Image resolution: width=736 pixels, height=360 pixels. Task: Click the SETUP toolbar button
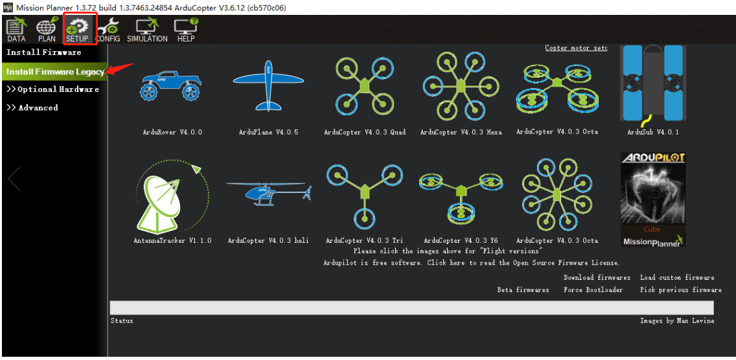pos(77,30)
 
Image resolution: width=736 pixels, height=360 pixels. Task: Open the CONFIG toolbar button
pos(108,30)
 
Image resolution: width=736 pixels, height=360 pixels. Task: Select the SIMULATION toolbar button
pos(147,30)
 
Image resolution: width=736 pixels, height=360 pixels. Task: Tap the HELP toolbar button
pos(186,30)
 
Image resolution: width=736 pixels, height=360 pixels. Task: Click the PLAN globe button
pos(47,30)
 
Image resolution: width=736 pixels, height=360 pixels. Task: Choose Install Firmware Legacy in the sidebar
pos(55,72)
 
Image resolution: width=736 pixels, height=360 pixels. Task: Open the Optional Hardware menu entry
pos(52,89)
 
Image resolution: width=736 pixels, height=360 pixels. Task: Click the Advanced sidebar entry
pos(32,107)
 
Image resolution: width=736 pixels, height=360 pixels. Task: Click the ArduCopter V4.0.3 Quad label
pos(365,132)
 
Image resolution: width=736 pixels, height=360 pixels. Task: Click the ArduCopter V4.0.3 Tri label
pos(364,240)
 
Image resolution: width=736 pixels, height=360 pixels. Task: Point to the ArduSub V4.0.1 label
pos(653,132)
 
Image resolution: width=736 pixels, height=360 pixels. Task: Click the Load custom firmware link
pos(677,277)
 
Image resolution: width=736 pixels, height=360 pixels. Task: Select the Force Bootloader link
pos(593,289)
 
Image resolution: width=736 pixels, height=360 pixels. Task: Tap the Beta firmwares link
pos(523,289)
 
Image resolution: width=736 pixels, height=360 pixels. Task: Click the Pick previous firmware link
pos(681,289)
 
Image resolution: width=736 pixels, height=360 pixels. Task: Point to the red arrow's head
pos(106,73)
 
